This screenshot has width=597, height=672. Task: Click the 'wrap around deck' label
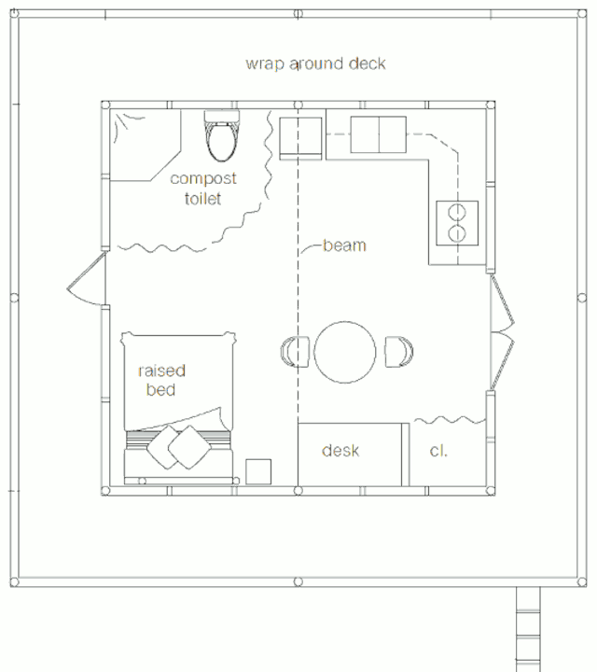click(x=315, y=63)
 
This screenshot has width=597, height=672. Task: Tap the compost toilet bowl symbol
click(x=221, y=136)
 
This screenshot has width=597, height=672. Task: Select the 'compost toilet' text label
click(x=203, y=189)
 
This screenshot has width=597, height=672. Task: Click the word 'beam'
click(x=344, y=245)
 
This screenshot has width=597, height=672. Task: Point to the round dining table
click(x=345, y=352)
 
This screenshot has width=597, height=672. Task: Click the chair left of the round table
click(x=295, y=352)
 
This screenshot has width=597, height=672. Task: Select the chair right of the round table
click(x=398, y=352)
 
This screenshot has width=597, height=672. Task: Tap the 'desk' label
click(x=340, y=451)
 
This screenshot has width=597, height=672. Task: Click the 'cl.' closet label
click(x=438, y=451)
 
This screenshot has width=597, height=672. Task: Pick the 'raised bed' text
click(x=161, y=380)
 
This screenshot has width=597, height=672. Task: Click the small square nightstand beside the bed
click(x=258, y=472)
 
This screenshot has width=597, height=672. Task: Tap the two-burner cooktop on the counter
click(x=457, y=223)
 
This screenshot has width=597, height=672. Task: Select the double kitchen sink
click(x=378, y=134)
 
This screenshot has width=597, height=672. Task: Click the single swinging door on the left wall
click(x=87, y=278)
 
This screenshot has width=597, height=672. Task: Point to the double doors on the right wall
click(x=503, y=332)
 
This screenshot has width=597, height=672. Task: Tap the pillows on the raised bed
click(x=179, y=447)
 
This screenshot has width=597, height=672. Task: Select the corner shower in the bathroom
click(x=146, y=146)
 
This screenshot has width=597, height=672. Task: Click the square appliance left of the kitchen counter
click(x=300, y=138)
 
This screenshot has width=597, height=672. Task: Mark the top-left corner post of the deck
click(x=14, y=13)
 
